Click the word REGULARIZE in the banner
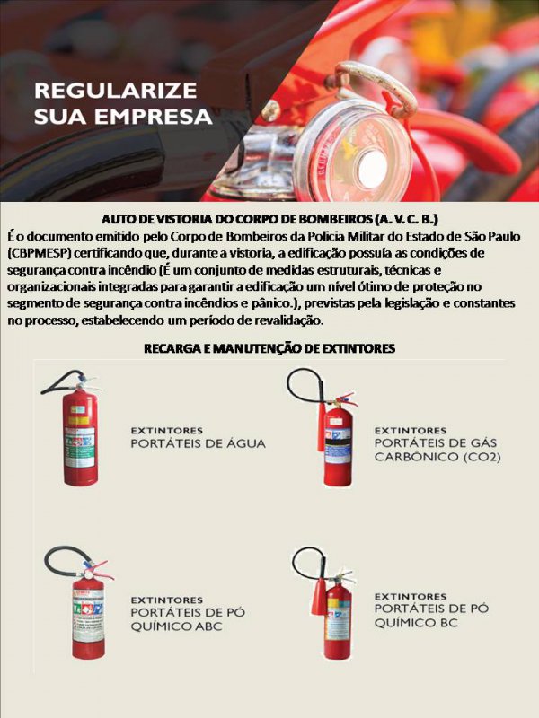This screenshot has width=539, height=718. pyautogui.click(x=116, y=91)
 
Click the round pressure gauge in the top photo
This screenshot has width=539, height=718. pyautogui.click(x=354, y=151)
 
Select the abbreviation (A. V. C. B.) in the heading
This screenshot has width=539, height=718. pyautogui.click(x=407, y=219)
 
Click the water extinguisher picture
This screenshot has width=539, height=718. pyautogui.click(x=73, y=428)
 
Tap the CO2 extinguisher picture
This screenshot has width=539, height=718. pyautogui.click(x=326, y=427)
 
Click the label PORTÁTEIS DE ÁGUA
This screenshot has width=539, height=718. pyautogui.click(x=198, y=443)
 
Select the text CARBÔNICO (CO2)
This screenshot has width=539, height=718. pyautogui.click(x=437, y=457)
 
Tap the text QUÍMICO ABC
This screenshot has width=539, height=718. pyautogui.click(x=176, y=626)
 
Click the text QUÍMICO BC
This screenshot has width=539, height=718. pyautogui.click(x=416, y=623)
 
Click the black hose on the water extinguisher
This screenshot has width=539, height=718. pyautogui.click(x=63, y=379)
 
